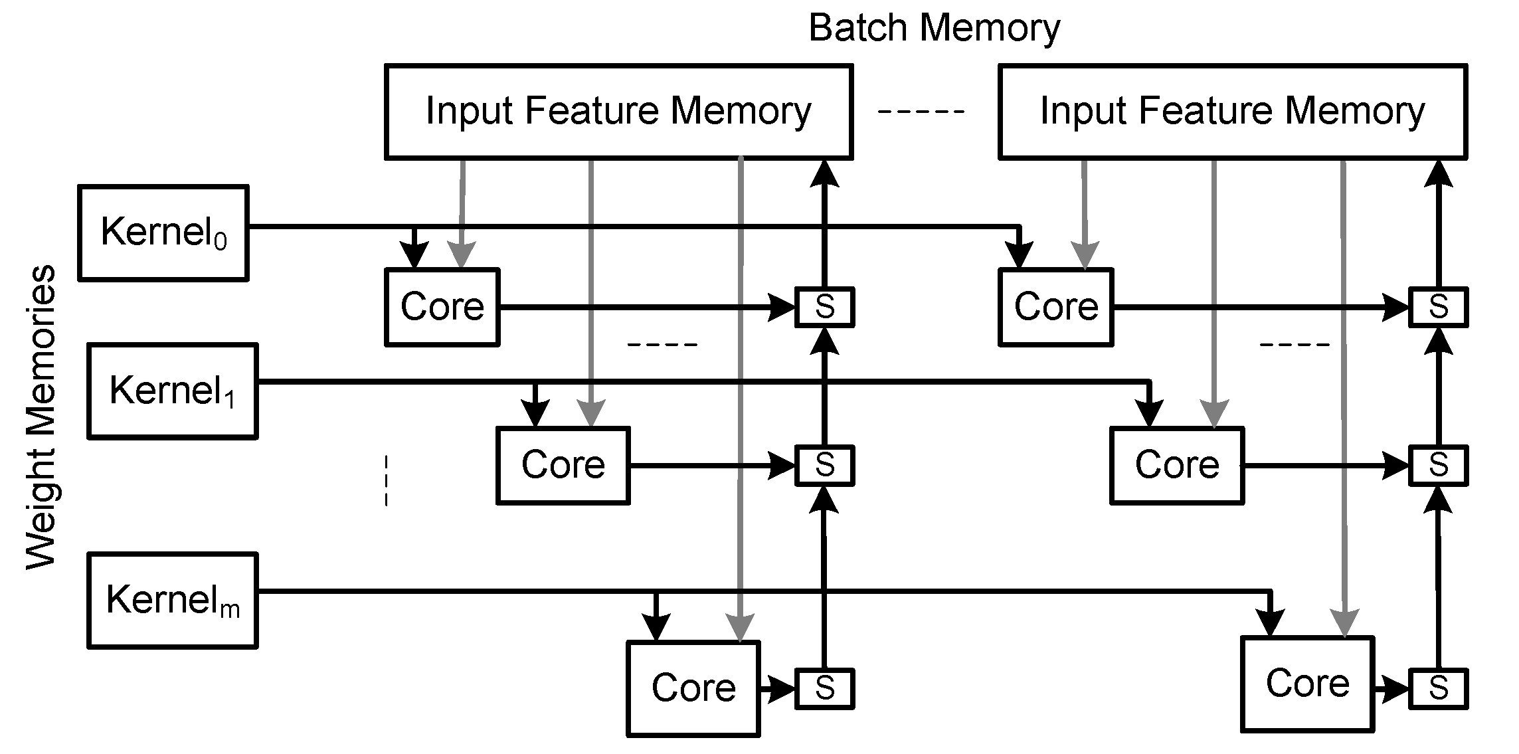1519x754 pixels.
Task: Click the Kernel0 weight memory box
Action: (x=163, y=233)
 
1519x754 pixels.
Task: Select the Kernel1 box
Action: (x=173, y=391)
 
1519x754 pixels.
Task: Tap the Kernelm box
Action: (x=173, y=600)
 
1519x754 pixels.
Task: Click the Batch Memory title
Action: (x=934, y=28)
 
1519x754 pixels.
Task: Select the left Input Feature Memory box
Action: (x=618, y=111)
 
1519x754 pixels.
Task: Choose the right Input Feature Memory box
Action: (x=1233, y=111)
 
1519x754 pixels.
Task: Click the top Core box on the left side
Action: (x=442, y=307)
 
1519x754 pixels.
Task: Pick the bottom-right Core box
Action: (x=1307, y=684)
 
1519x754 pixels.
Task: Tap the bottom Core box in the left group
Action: (x=693, y=688)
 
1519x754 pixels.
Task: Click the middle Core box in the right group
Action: (x=1177, y=465)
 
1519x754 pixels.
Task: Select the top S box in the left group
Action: (x=824, y=307)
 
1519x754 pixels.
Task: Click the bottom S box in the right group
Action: (x=1439, y=688)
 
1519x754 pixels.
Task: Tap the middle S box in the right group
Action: (x=1439, y=465)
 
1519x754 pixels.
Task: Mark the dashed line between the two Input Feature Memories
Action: (x=921, y=112)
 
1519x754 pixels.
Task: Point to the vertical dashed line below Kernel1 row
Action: (x=386, y=480)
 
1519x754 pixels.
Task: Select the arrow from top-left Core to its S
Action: (x=638, y=308)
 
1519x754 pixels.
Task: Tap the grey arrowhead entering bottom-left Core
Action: (x=740, y=628)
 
